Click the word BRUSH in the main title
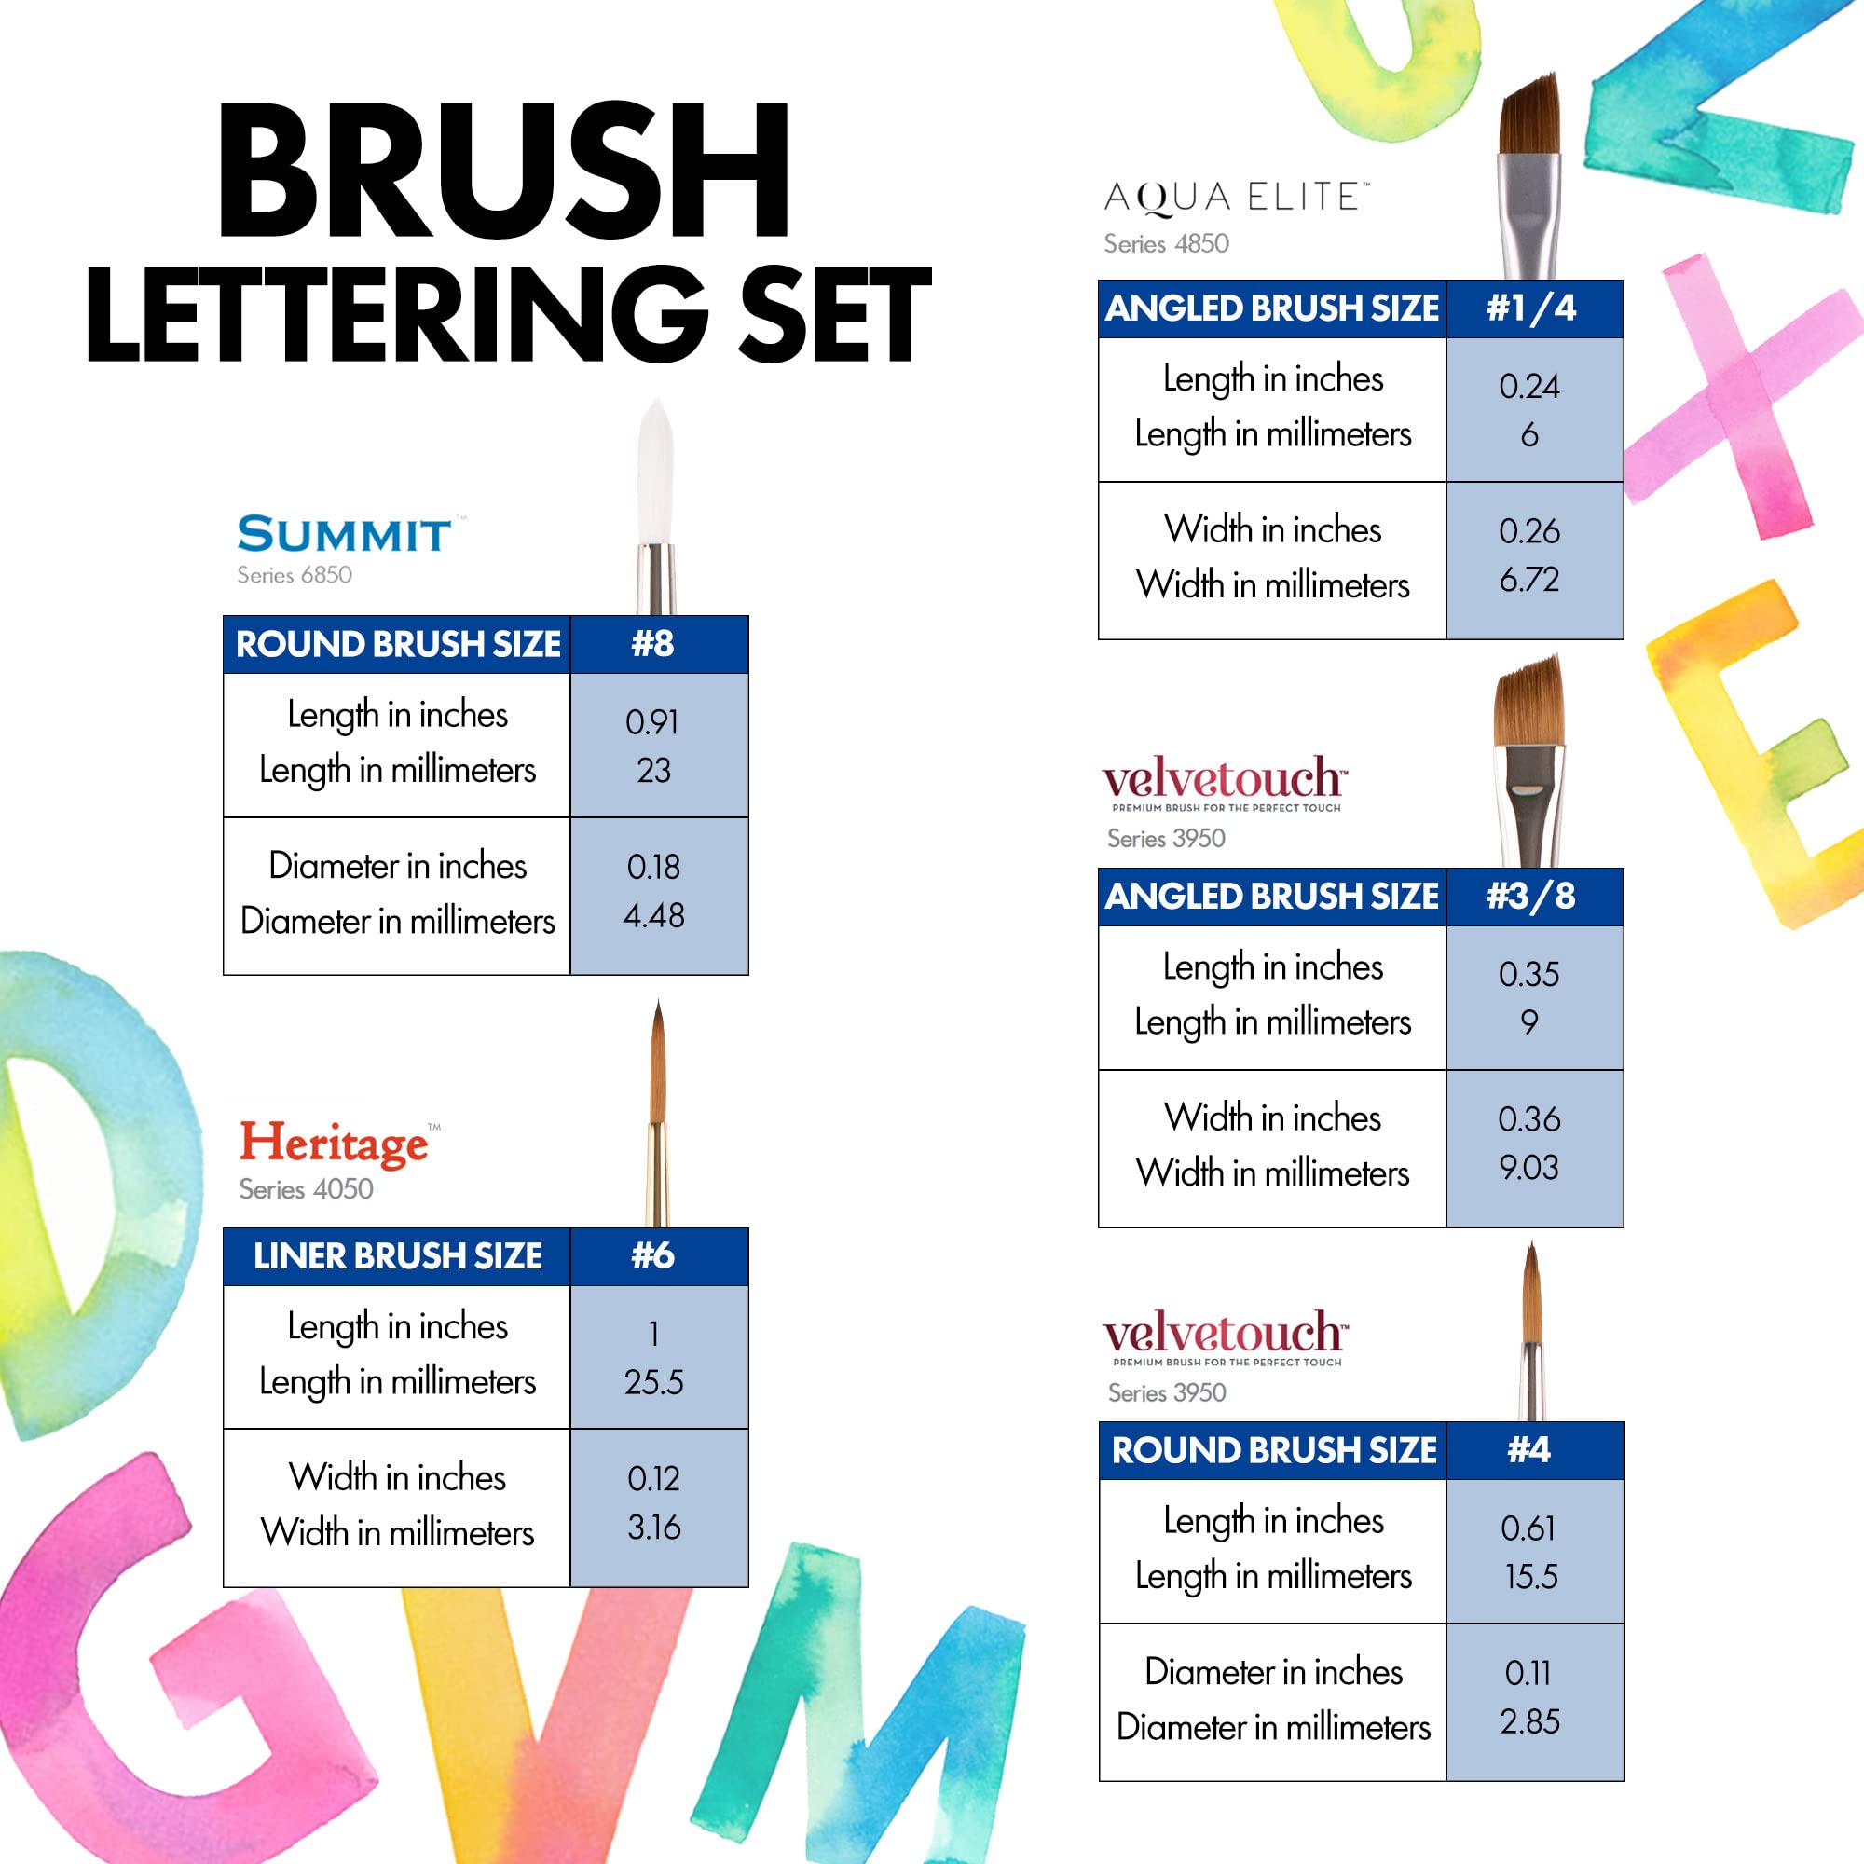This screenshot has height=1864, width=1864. (x=503, y=171)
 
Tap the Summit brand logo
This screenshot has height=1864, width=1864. (x=345, y=534)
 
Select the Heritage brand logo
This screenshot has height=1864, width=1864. (x=334, y=1144)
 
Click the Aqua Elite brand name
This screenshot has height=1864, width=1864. (x=1235, y=197)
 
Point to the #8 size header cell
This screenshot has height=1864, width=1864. (x=653, y=643)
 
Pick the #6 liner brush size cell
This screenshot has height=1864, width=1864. (x=653, y=1255)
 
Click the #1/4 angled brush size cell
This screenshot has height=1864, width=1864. (x=1531, y=308)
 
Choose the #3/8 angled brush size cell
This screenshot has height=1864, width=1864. (x=1531, y=897)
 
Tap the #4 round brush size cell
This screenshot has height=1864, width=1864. (x=1530, y=1450)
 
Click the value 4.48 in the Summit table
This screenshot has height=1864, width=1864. (x=653, y=915)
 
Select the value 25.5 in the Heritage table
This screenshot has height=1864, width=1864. (x=653, y=1382)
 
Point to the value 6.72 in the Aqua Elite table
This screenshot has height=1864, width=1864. (x=1529, y=580)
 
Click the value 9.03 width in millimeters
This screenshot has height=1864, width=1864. (x=1529, y=1169)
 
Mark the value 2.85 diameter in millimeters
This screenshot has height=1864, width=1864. (x=1530, y=1722)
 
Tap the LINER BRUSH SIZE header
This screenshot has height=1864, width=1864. (x=398, y=1256)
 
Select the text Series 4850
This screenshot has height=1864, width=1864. (x=1167, y=244)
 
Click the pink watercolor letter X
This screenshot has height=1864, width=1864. (x=1736, y=395)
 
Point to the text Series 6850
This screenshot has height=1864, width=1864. (x=295, y=575)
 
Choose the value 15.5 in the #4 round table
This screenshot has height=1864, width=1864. (x=1531, y=1577)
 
